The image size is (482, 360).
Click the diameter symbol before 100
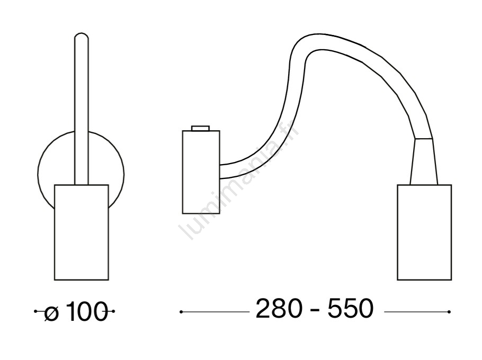51,311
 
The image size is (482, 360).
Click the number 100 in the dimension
86,311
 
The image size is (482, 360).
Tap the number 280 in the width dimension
279,309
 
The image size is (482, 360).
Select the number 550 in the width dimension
351,309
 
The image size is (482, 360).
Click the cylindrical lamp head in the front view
82,232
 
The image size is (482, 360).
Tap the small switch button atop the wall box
200,128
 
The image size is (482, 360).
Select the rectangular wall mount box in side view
201,172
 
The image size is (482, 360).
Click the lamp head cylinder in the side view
424,232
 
